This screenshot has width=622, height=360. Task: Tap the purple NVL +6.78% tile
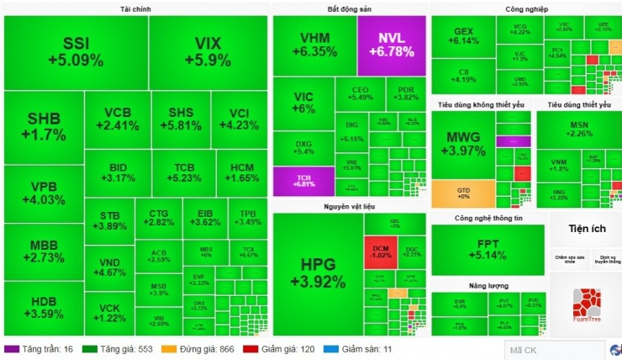[391, 45]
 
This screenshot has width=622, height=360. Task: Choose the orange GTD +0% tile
[462, 193]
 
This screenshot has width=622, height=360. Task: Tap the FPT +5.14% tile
[488, 248]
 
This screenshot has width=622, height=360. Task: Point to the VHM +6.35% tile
[314, 45]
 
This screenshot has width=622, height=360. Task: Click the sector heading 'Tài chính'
[136, 8]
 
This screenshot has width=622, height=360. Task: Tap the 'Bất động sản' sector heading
[349, 8]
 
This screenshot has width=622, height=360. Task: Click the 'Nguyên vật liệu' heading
[349, 206]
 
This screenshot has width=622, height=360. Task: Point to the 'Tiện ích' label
[585, 228]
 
